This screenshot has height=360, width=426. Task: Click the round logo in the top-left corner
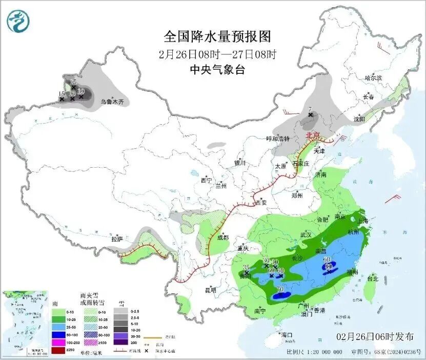[x=18, y=21]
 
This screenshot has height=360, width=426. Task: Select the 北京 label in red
[x=313, y=135]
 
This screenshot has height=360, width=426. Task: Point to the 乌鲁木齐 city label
[x=112, y=103]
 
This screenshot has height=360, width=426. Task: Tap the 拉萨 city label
[x=117, y=239]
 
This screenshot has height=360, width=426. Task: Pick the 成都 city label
[x=222, y=237]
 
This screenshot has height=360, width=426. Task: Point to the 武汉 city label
[x=306, y=234]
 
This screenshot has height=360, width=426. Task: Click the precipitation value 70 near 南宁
[x=280, y=290]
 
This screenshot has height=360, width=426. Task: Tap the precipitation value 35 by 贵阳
[x=246, y=267]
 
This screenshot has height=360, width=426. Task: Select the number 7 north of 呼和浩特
[x=310, y=109]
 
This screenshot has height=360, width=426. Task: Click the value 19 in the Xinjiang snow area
[x=81, y=91]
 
